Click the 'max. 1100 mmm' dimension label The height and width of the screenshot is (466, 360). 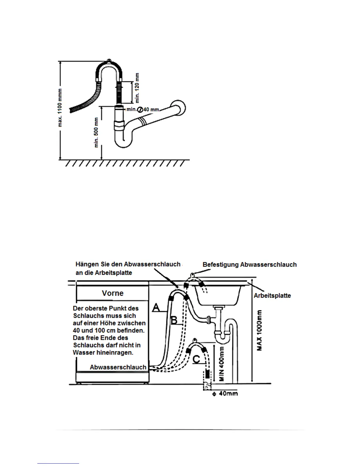[60, 107]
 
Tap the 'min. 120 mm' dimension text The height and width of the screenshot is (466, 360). [137, 88]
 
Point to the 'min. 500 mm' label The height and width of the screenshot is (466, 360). [96, 132]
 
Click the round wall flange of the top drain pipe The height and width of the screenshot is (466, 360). [179, 108]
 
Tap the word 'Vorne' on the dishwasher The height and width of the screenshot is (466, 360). [113, 293]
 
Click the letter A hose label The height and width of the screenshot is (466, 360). [156, 308]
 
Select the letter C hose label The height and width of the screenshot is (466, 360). [196, 359]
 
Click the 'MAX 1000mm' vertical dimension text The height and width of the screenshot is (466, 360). [260, 330]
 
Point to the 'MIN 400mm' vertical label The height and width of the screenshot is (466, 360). [222, 364]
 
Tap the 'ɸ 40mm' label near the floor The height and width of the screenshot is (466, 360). [225, 393]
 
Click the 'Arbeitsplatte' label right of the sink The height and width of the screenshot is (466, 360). [272, 295]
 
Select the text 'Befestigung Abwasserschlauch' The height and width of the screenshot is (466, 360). [250, 264]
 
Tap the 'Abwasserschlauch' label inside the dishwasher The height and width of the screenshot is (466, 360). [118, 367]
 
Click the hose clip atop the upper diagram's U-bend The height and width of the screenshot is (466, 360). [109, 61]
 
